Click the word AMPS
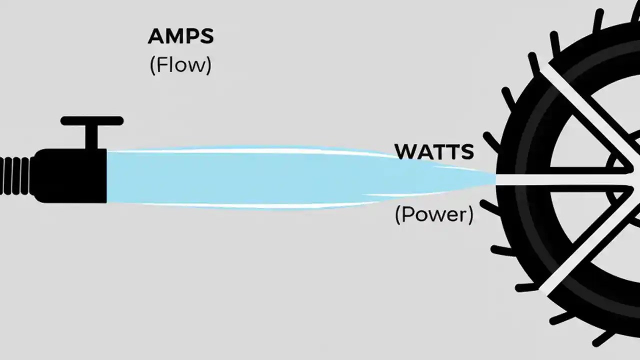pyautogui.click(x=180, y=37)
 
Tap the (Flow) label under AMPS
pyautogui.click(x=180, y=65)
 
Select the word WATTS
pyautogui.click(x=434, y=152)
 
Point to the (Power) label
pyautogui.click(x=434, y=215)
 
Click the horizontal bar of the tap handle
pyautogui.click(x=92, y=120)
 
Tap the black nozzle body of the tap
pyautogui.click(x=70, y=175)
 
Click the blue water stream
pyautogui.click(x=250, y=177)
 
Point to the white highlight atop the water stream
pyautogui.click(x=250, y=150)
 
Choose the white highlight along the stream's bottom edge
pyautogui.click(x=250, y=205)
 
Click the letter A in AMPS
pyautogui.click(x=156, y=37)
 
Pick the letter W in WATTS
pyautogui.click(x=404, y=152)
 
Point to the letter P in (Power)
pyautogui.click(x=407, y=214)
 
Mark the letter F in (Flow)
pyautogui.click(x=161, y=65)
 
